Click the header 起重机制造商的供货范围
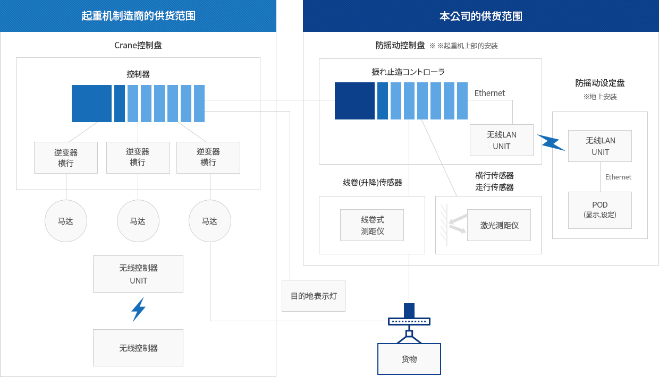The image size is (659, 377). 138,16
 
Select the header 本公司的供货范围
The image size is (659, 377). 481,16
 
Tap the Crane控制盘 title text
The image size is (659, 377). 138,45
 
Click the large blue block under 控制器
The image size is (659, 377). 91,104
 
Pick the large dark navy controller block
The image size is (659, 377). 354,101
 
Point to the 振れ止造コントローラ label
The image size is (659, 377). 408,72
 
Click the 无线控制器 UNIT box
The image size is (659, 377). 138,274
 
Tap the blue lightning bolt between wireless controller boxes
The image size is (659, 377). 138,310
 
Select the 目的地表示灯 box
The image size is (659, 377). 314,296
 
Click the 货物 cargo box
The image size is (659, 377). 409,359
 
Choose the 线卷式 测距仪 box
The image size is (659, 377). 372,225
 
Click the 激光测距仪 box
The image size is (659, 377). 499,225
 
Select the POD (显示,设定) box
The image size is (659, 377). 600,210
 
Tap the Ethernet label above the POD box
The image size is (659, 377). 618,177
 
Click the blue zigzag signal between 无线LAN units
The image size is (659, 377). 551,142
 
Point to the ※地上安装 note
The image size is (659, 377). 600,97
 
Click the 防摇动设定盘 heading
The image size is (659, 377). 600,83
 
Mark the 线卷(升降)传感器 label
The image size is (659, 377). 373,183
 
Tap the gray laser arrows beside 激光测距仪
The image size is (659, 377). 458,224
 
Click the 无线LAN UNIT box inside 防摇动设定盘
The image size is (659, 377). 600,146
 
